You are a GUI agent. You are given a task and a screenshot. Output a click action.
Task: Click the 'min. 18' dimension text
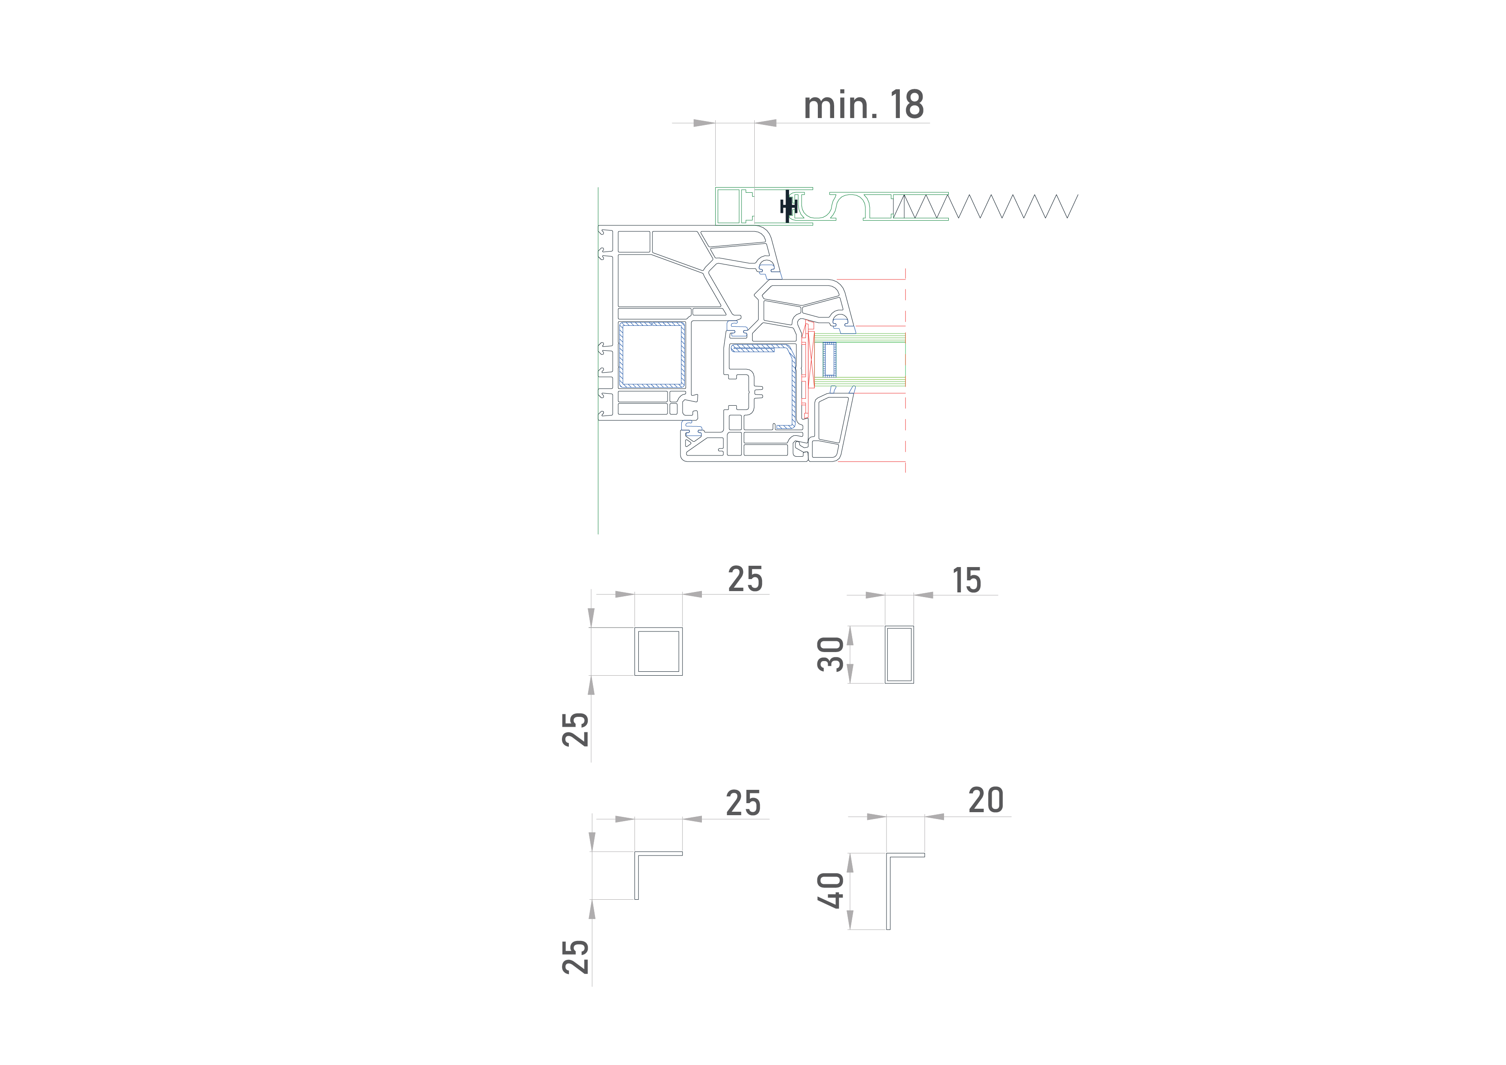point(863,105)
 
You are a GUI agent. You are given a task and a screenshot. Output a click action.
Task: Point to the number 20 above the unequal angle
point(986,800)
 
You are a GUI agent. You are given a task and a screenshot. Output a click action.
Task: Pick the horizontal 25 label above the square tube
point(745,579)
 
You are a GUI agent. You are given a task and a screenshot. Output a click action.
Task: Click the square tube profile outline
point(635,651)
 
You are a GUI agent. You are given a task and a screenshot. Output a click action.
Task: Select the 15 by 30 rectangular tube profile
point(886,655)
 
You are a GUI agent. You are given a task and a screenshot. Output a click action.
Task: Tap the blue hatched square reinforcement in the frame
point(652,354)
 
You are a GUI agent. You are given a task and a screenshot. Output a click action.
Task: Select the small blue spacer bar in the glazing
point(830,359)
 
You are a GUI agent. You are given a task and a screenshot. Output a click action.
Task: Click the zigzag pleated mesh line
point(985,206)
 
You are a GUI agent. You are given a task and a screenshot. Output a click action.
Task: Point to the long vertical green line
point(598,361)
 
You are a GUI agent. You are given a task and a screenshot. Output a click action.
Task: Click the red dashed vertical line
point(906,370)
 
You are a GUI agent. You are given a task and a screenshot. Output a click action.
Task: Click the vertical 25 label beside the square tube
point(575,729)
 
